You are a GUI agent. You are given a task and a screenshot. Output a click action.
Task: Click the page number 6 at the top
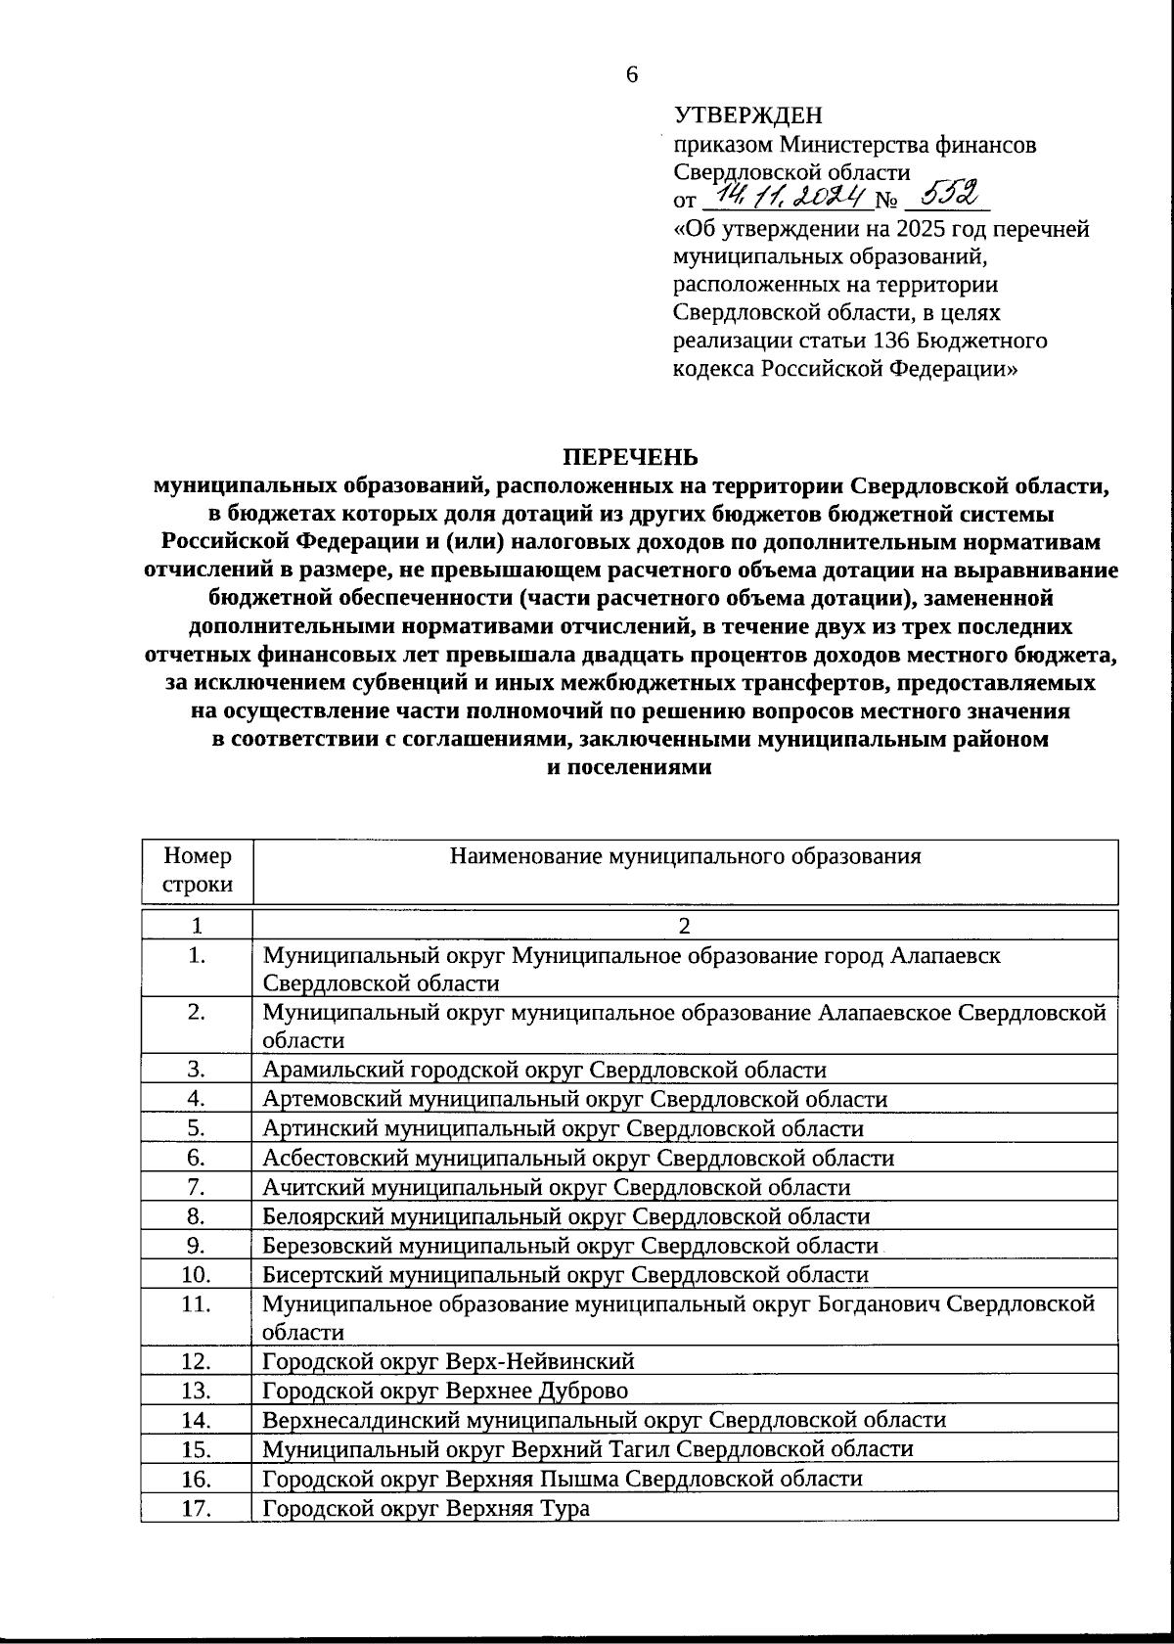tap(632, 75)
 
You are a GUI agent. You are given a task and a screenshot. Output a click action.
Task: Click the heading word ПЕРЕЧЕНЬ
tap(629, 457)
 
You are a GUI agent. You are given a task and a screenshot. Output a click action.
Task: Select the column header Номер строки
tap(198, 870)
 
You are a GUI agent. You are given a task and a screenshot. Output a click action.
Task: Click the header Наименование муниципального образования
tap(685, 856)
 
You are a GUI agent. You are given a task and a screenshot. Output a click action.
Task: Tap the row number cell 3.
tap(198, 1070)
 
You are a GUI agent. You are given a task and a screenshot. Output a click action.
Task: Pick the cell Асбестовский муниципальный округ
tap(578, 1158)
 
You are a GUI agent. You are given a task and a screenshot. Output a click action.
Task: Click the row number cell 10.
tap(198, 1274)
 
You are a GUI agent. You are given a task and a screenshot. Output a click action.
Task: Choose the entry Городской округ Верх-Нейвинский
tap(448, 1361)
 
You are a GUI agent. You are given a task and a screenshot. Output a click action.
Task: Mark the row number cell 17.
tap(198, 1508)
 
